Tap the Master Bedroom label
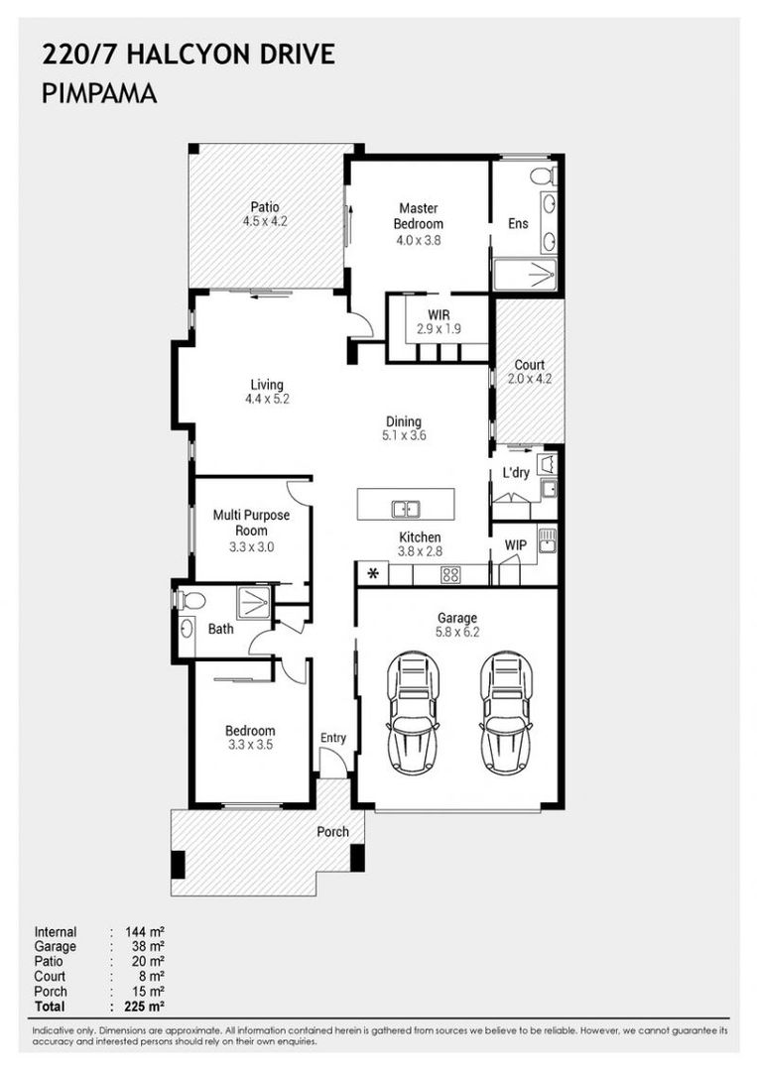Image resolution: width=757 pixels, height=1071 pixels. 420,216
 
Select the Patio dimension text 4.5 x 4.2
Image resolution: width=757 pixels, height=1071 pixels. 265,222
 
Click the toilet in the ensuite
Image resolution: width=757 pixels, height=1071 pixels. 542,177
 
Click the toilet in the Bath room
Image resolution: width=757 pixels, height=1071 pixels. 189,600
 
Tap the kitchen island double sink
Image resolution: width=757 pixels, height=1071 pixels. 405,509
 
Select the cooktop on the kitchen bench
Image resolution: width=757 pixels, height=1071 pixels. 449,574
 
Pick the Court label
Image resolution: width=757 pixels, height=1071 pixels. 529,364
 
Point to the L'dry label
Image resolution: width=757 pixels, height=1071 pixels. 516,473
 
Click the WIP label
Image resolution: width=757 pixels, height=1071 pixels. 516,545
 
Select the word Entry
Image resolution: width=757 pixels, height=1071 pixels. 333,738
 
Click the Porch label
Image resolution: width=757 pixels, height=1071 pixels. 332,831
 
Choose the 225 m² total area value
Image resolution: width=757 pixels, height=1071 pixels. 144,1007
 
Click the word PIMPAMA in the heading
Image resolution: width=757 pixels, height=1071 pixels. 99,94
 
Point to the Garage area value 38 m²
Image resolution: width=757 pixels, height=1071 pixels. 144,947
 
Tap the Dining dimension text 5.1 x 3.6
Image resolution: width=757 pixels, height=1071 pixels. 404,435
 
